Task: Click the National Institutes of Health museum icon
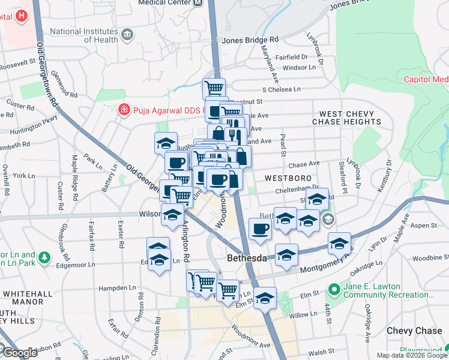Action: click(x=127, y=34)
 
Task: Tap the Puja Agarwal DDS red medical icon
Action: click(x=124, y=110)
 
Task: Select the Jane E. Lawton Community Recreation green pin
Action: click(x=334, y=290)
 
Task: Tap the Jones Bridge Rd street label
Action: click(x=250, y=40)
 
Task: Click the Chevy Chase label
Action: click(x=414, y=331)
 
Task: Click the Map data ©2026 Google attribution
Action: click(x=412, y=355)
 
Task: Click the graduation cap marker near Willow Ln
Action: click(x=265, y=298)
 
